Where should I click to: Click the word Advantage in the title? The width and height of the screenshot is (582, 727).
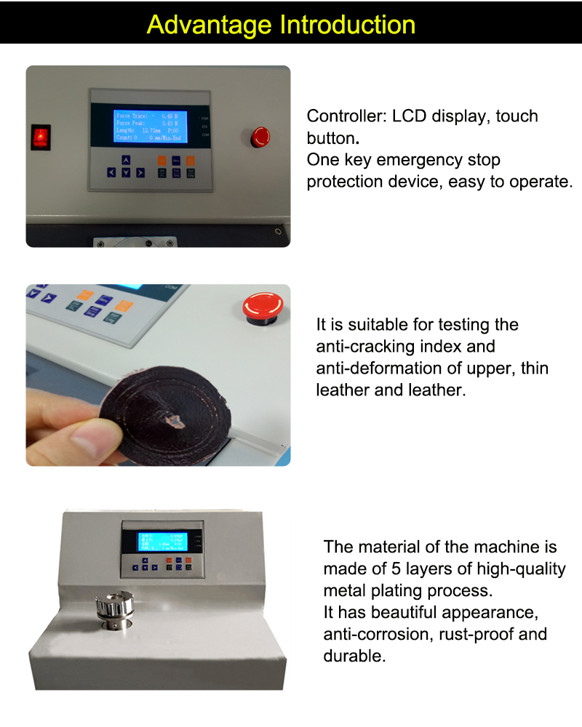[x=211, y=25]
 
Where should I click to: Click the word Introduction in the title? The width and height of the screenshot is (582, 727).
[x=348, y=25]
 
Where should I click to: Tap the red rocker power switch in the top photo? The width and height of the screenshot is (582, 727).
[x=41, y=136]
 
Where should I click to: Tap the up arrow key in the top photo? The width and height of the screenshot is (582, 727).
[x=126, y=160]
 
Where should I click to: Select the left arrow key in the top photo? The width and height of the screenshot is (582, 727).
[x=111, y=172]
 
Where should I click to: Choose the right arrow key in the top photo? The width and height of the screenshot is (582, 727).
[x=140, y=172]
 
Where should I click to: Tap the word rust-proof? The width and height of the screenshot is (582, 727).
[x=475, y=635]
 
